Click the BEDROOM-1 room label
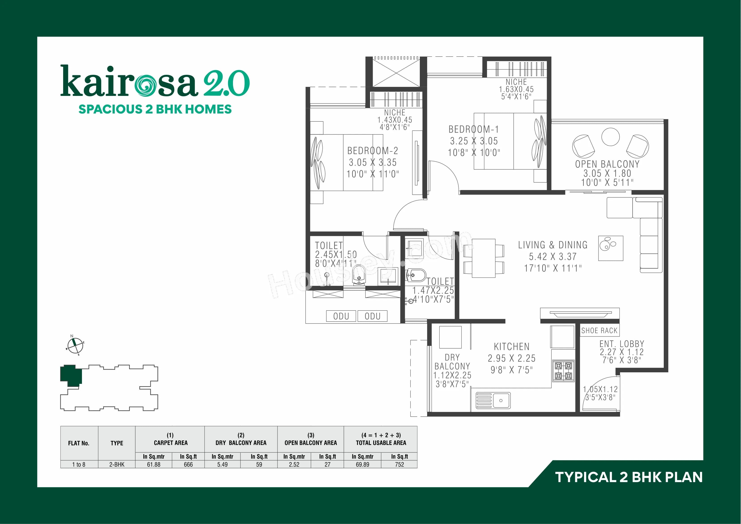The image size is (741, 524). [x=474, y=129]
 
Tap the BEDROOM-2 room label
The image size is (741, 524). [x=373, y=151]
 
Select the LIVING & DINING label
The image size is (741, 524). [x=553, y=245]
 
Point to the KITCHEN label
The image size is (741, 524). [x=512, y=347]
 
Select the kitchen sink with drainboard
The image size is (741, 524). [x=493, y=400]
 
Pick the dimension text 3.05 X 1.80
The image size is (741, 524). [x=607, y=173]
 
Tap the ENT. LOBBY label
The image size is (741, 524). [x=622, y=344]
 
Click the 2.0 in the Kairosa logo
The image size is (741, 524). [x=226, y=83]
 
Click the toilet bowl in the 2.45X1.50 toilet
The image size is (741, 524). [x=359, y=275]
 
